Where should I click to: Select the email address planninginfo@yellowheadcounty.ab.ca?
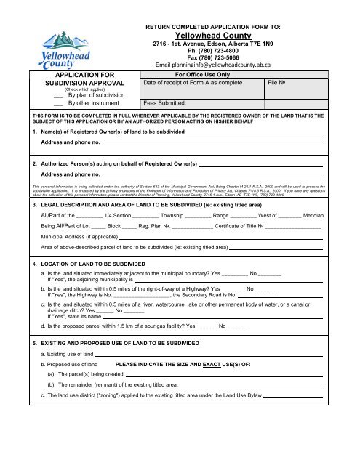233,65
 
